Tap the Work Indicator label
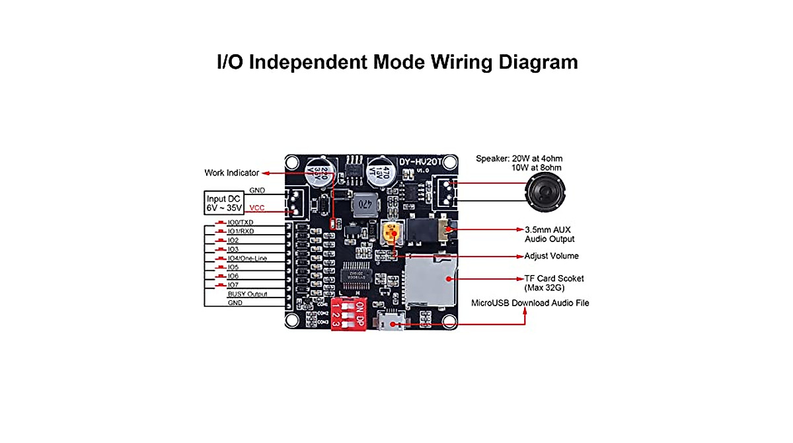point(231,173)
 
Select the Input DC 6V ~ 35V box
point(224,203)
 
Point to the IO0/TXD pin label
point(240,223)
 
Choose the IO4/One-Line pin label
point(246,259)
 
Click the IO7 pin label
point(233,285)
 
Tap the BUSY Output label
point(248,294)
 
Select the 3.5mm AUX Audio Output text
point(549,234)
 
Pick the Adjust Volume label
point(551,256)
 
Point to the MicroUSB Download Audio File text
point(529,303)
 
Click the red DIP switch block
point(348,313)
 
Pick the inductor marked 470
point(363,206)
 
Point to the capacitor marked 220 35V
point(313,173)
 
